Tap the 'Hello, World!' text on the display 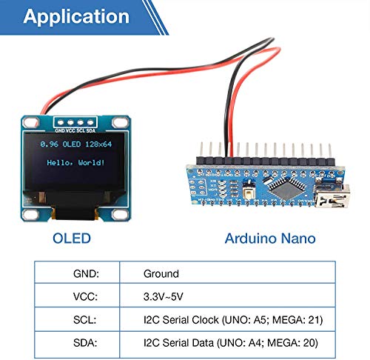tap(75, 161)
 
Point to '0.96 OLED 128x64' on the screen tap(75, 143)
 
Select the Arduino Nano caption tap(269, 239)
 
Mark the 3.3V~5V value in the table tap(165, 296)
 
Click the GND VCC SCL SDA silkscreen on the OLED tap(75, 130)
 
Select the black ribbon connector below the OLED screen tap(74, 213)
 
